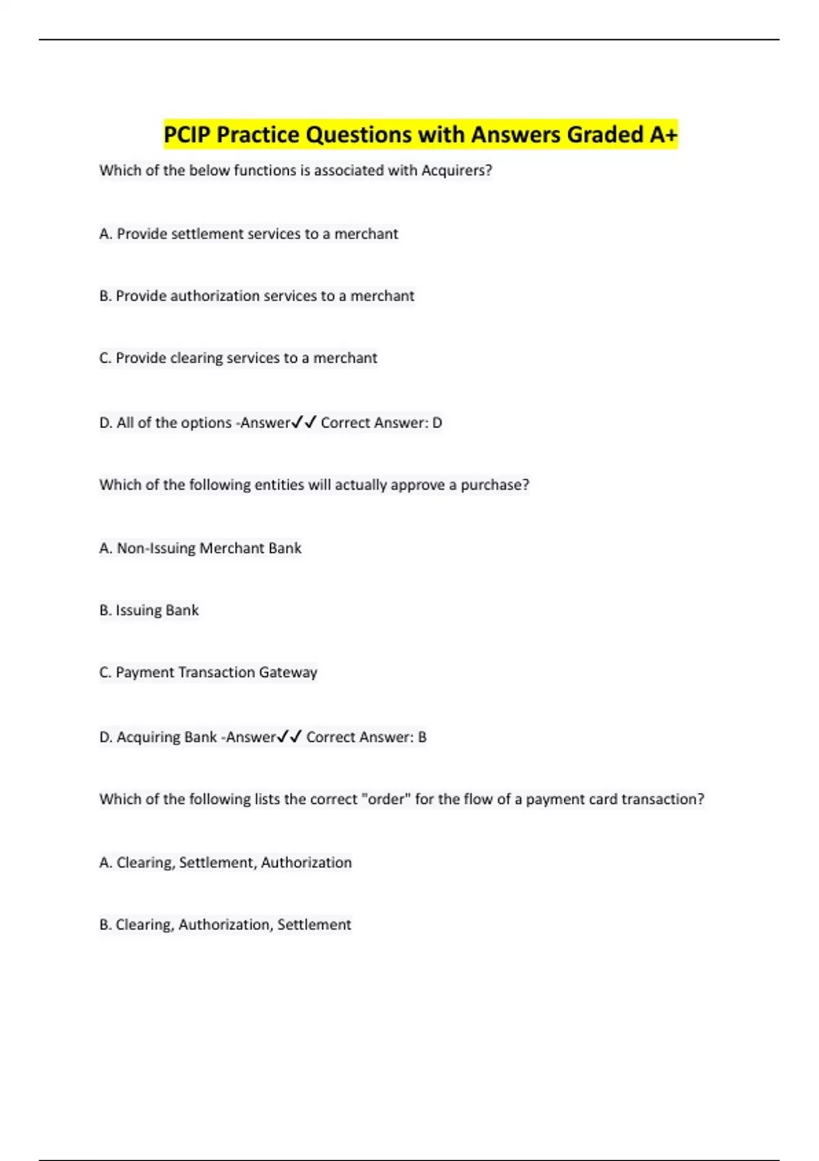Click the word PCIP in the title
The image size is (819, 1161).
point(187,135)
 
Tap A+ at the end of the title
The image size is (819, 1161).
point(663,135)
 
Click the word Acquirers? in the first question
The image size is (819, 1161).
point(457,171)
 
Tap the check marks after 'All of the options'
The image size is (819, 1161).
point(304,423)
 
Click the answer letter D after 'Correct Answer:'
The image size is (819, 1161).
point(437,423)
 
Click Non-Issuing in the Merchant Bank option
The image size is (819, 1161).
point(156,548)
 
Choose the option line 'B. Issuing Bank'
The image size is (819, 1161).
point(149,611)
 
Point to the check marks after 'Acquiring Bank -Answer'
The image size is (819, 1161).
point(289,737)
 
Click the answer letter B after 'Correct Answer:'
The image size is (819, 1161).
point(422,738)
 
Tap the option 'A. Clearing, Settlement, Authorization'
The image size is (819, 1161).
point(225,863)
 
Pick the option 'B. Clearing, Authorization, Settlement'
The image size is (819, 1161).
point(225,925)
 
